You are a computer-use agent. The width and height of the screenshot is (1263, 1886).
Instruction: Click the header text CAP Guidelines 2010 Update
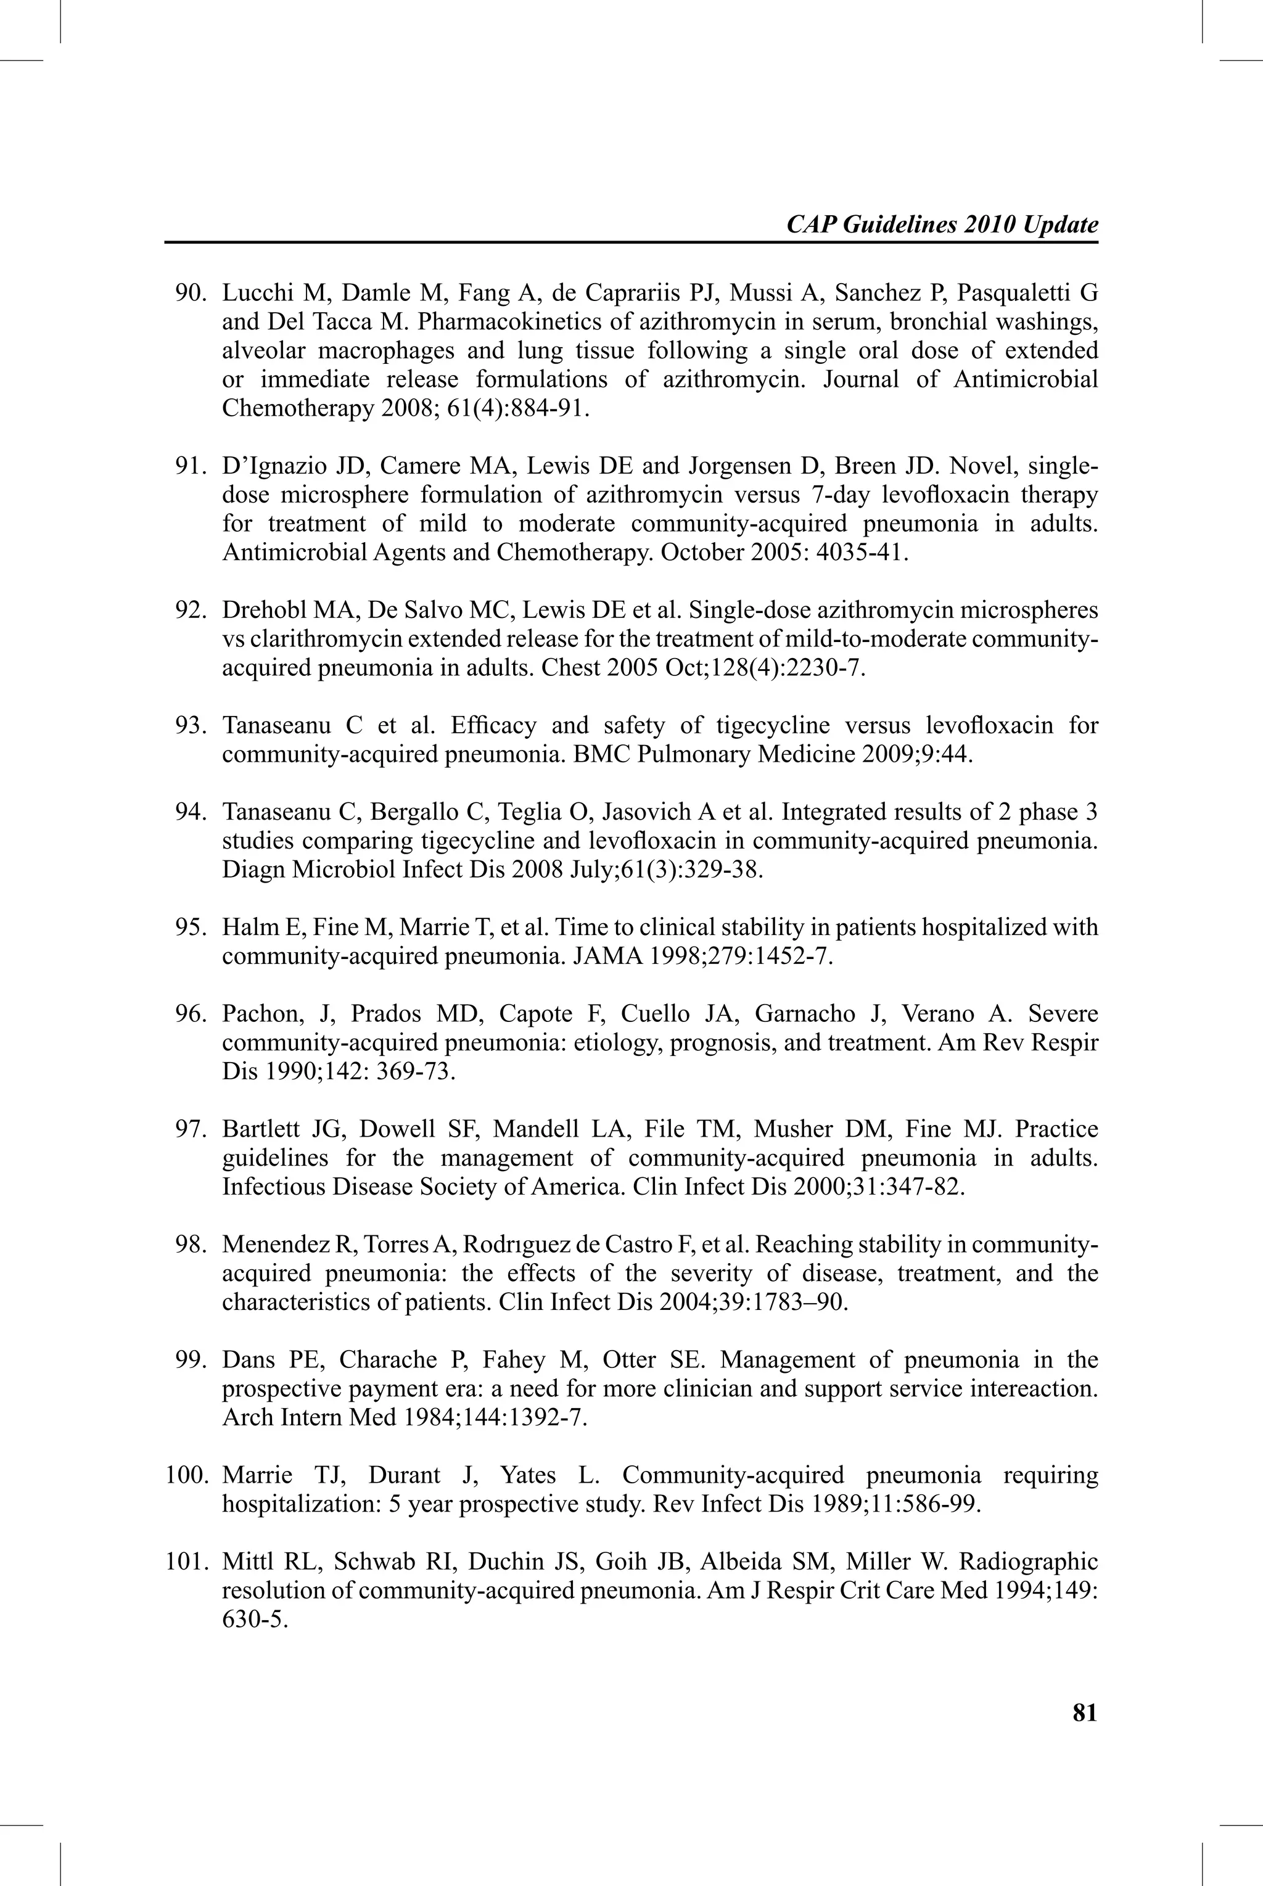(942, 224)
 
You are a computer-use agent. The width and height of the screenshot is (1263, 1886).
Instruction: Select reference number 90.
(192, 292)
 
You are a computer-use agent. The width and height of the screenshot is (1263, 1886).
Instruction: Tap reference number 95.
(192, 927)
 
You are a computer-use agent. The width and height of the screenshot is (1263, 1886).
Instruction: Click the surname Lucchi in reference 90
(250, 292)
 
